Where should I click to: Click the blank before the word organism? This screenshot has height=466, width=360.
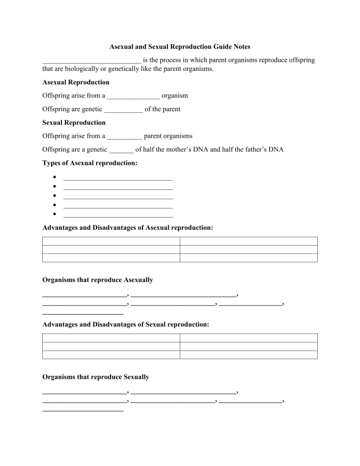pyautogui.click(x=133, y=96)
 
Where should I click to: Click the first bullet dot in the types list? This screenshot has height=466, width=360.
pyautogui.click(x=55, y=178)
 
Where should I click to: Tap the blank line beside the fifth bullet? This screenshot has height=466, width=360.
pyautogui.click(x=118, y=215)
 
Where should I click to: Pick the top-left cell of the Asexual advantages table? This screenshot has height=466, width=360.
pyautogui.click(x=111, y=241)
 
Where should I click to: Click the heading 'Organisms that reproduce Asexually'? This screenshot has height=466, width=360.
pyautogui.click(x=97, y=280)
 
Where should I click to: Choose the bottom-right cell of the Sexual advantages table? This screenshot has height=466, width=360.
pyautogui.click(x=248, y=355)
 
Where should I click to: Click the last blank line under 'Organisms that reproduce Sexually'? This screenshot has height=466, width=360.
pyautogui.click(x=82, y=410)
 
